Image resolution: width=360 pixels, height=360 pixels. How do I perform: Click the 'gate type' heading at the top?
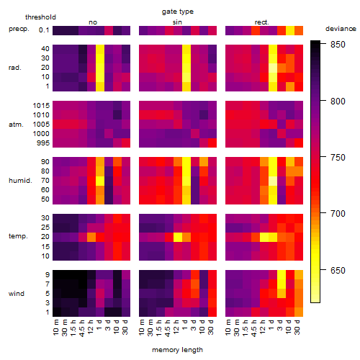(178, 12)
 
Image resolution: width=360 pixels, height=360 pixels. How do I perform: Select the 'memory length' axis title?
(177, 350)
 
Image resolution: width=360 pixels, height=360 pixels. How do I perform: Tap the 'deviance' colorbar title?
(341, 29)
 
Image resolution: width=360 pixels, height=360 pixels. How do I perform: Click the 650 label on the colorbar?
(338, 271)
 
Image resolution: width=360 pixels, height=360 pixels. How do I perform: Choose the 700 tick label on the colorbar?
(338, 213)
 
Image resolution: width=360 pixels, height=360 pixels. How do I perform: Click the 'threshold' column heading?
(40, 17)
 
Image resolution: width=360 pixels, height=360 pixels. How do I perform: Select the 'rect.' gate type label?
(262, 22)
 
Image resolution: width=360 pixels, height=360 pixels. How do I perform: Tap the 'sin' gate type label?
(177, 22)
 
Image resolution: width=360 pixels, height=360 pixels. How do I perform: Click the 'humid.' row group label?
(20, 181)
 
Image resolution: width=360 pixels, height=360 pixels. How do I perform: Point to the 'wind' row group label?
(17, 294)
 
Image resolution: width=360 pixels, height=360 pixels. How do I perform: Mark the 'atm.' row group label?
(16, 125)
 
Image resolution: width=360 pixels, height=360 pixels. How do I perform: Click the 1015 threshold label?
(41, 106)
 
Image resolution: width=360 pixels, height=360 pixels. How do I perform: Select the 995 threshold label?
(43, 143)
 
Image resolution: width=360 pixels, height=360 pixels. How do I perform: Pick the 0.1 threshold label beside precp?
(44, 30)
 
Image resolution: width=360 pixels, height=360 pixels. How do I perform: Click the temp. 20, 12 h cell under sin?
(178, 237)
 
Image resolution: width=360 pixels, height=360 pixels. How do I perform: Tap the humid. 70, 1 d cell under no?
(100, 181)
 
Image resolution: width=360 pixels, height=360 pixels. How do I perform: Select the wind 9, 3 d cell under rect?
(282, 275)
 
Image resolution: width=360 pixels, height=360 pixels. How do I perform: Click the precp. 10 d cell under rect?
(290, 30)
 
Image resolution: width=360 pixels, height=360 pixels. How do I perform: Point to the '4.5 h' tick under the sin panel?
(168, 328)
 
